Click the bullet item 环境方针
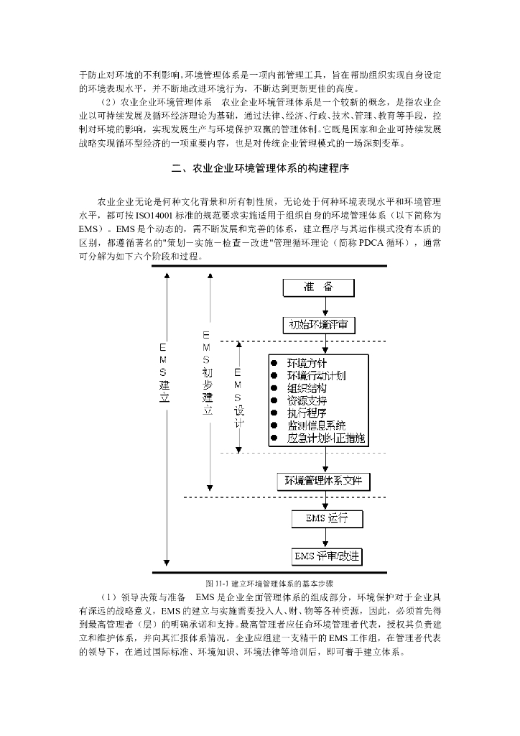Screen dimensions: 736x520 [307, 363]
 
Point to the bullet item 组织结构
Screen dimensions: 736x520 [307, 388]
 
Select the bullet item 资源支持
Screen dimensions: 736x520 [307, 400]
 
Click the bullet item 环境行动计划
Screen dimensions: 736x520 [316, 375]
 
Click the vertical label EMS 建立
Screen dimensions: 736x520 [164, 373]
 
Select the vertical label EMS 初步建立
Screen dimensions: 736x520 [208, 373]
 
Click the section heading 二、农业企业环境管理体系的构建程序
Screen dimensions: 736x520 [260, 170]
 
